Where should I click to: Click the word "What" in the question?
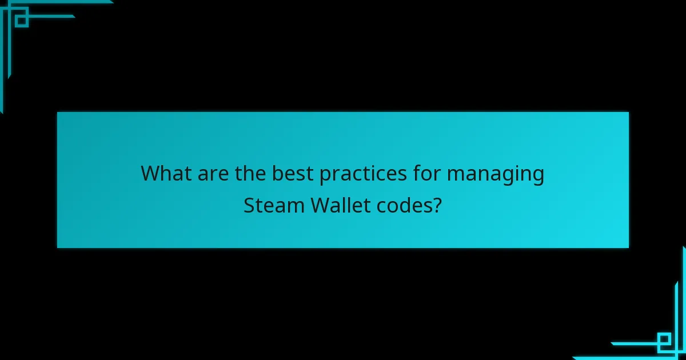[166, 173]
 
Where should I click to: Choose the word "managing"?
[495, 174]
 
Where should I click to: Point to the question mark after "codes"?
[437, 205]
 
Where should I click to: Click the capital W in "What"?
[150, 173]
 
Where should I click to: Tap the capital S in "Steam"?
[249, 205]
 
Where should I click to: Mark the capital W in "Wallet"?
[321, 205]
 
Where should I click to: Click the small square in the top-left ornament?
[22, 20]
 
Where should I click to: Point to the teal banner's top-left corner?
[58, 113]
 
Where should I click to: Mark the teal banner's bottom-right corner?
[628, 247]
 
